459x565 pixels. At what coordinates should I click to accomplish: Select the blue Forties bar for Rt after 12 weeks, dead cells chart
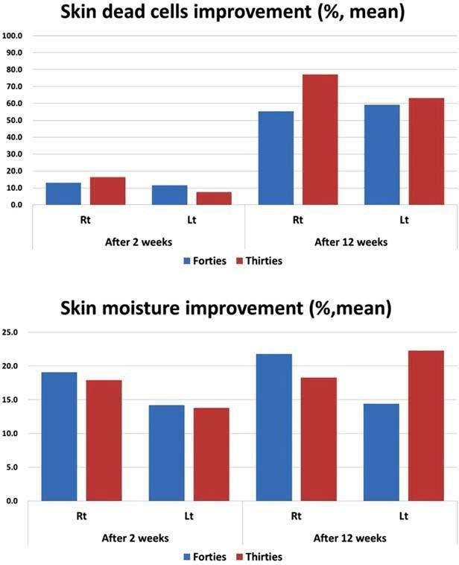(275, 157)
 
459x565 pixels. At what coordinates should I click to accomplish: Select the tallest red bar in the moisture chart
(425, 426)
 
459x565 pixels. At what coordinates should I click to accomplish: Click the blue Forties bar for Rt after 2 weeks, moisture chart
(60, 436)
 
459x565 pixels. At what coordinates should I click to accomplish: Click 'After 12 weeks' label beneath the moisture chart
(350, 537)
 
